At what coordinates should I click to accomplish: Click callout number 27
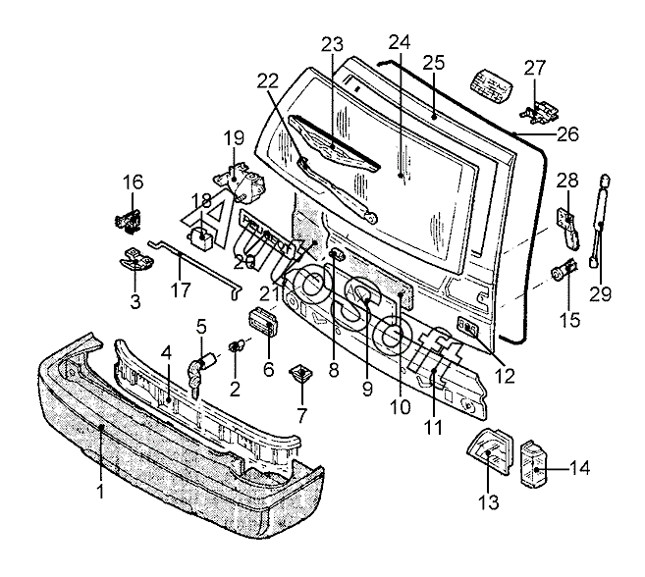pyautogui.click(x=534, y=69)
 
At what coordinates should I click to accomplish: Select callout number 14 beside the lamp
pyautogui.click(x=579, y=468)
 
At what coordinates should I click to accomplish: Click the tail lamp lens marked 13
pyautogui.click(x=490, y=451)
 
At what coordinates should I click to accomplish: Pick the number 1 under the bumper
pyautogui.click(x=100, y=491)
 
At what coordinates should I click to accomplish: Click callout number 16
pyautogui.click(x=133, y=183)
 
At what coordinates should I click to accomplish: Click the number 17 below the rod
pyautogui.click(x=181, y=289)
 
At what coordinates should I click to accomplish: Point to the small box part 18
pyautogui.click(x=201, y=238)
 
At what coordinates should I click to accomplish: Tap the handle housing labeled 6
pyautogui.click(x=263, y=322)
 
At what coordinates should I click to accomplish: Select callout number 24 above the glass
pyautogui.click(x=400, y=42)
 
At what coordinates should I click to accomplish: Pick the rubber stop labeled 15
pyautogui.click(x=564, y=270)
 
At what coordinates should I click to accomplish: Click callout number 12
pyautogui.click(x=506, y=375)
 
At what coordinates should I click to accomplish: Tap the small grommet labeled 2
pyautogui.click(x=237, y=345)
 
